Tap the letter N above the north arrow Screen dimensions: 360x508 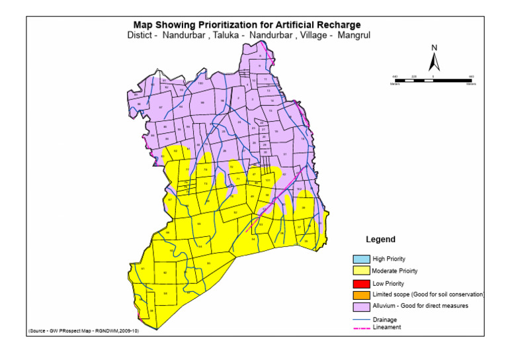(434, 48)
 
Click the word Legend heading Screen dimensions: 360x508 (380, 240)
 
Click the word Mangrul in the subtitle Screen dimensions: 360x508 (353, 34)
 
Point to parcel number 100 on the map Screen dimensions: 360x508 (200, 84)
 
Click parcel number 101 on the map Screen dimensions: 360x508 (267, 180)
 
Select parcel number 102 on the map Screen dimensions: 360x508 (299, 189)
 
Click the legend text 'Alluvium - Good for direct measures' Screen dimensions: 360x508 (420, 306)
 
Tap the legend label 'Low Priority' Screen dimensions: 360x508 (388, 283)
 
